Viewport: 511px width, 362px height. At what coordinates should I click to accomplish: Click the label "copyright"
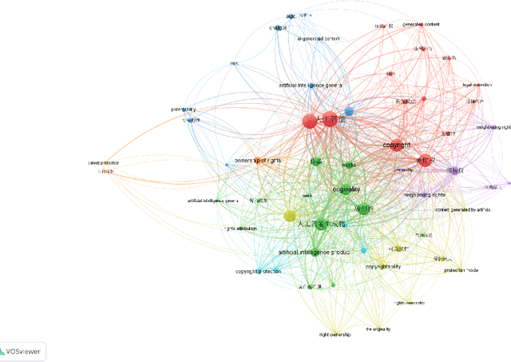click(x=397, y=145)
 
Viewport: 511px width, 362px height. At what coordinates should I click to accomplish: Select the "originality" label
click(x=347, y=189)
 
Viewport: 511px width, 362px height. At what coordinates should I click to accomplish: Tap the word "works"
click(x=349, y=165)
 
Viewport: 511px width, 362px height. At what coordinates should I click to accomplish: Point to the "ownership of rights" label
click(x=257, y=160)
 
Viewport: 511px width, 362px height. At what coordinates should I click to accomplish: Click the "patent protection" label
click(x=105, y=163)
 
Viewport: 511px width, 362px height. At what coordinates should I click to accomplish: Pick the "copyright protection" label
click(x=258, y=272)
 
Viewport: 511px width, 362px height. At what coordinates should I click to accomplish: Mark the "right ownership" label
click(x=335, y=334)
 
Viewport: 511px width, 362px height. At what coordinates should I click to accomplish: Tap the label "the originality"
click(x=378, y=329)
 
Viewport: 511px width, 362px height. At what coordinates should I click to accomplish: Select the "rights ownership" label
click(x=409, y=303)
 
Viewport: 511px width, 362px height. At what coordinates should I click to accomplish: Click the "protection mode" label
click(x=461, y=270)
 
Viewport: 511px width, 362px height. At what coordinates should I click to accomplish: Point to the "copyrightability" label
click(x=383, y=266)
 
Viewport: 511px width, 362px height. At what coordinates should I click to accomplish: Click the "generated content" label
click(x=421, y=25)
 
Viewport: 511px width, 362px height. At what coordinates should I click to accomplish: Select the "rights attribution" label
click(x=240, y=229)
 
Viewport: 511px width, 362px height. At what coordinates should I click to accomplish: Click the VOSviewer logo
click(x=23, y=351)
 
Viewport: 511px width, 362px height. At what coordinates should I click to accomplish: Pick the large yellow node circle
click(x=290, y=216)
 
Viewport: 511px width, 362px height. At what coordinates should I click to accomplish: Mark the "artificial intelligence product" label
click(x=314, y=253)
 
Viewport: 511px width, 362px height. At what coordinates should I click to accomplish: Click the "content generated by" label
click(x=462, y=209)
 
